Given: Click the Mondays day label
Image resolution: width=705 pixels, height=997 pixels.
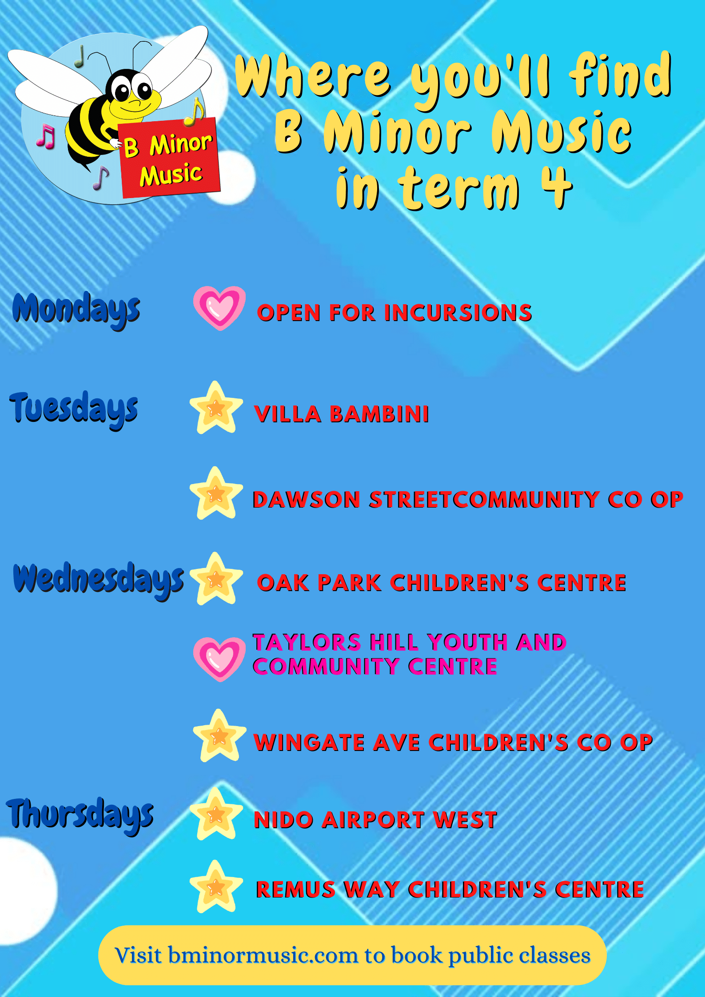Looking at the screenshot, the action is pyautogui.click(x=76, y=310).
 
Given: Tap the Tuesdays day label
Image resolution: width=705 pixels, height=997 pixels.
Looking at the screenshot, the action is pyautogui.click(x=74, y=409).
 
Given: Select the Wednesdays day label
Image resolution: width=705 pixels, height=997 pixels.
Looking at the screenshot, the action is pyautogui.click(x=98, y=580).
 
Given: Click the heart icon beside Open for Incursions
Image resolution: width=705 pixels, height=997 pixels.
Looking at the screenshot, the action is pyautogui.click(x=219, y=308).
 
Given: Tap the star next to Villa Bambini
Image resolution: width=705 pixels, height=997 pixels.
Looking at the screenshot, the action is pyautogui.click(x=216, y=407).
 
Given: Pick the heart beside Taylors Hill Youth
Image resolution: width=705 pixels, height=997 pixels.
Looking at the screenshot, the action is pyautogui.click(x=219, y=659).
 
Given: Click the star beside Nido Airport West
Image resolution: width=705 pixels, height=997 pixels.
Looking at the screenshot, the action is pyautogui.click(x=216, y=814).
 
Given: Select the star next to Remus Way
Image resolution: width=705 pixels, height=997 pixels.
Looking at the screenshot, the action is pyautogui.click(x=216, y=887).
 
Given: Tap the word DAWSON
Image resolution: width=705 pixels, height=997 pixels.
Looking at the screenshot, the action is pyautogui.click(x=306, y=500).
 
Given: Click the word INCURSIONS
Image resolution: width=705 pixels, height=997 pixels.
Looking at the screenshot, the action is pyautogui.click(x=458, y=313).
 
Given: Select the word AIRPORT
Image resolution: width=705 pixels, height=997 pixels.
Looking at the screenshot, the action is pyautogui.click(x=373, y=820).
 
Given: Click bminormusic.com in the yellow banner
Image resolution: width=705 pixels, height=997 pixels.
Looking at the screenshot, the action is pyautogui.click(x=263, y=956).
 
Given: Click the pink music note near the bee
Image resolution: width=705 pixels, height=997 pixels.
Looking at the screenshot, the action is pyautogui.click(x=46, y=136).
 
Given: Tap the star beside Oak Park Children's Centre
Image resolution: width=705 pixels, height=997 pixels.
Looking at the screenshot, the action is pyautogui.click(x=216, y=579).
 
